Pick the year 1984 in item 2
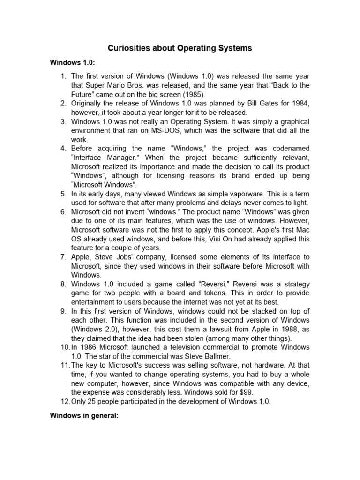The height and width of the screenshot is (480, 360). [x=300, y=103]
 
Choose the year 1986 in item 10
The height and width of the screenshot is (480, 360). [x=89, y=347]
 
